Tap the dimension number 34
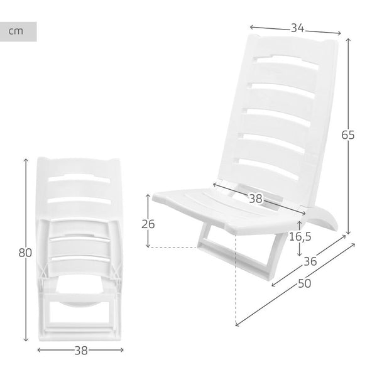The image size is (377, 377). click(x=298, y=28)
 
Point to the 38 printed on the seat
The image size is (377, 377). click(x=255, y=199)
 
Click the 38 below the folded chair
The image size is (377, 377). click(x=80, y=350)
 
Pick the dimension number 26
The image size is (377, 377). click(x=148, y=224)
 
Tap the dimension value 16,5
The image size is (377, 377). click(x=301, y=238)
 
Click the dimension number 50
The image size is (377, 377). click(x=305, y=283)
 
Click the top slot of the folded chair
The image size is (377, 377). click(x=79, y=179)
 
